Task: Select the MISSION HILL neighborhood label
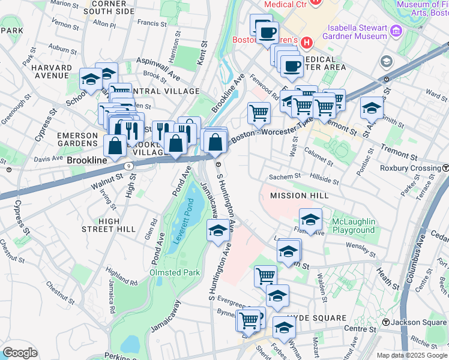pos(299,196)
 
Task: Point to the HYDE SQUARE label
pos(316,317)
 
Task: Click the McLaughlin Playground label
pos(354,226)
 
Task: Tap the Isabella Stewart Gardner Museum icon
pos(396,31)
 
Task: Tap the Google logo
pos(20,352)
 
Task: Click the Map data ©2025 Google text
pos(411,355)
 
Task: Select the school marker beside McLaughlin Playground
pos(311,220)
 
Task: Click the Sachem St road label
pos(285,177)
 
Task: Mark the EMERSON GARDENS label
pos(77,140)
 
